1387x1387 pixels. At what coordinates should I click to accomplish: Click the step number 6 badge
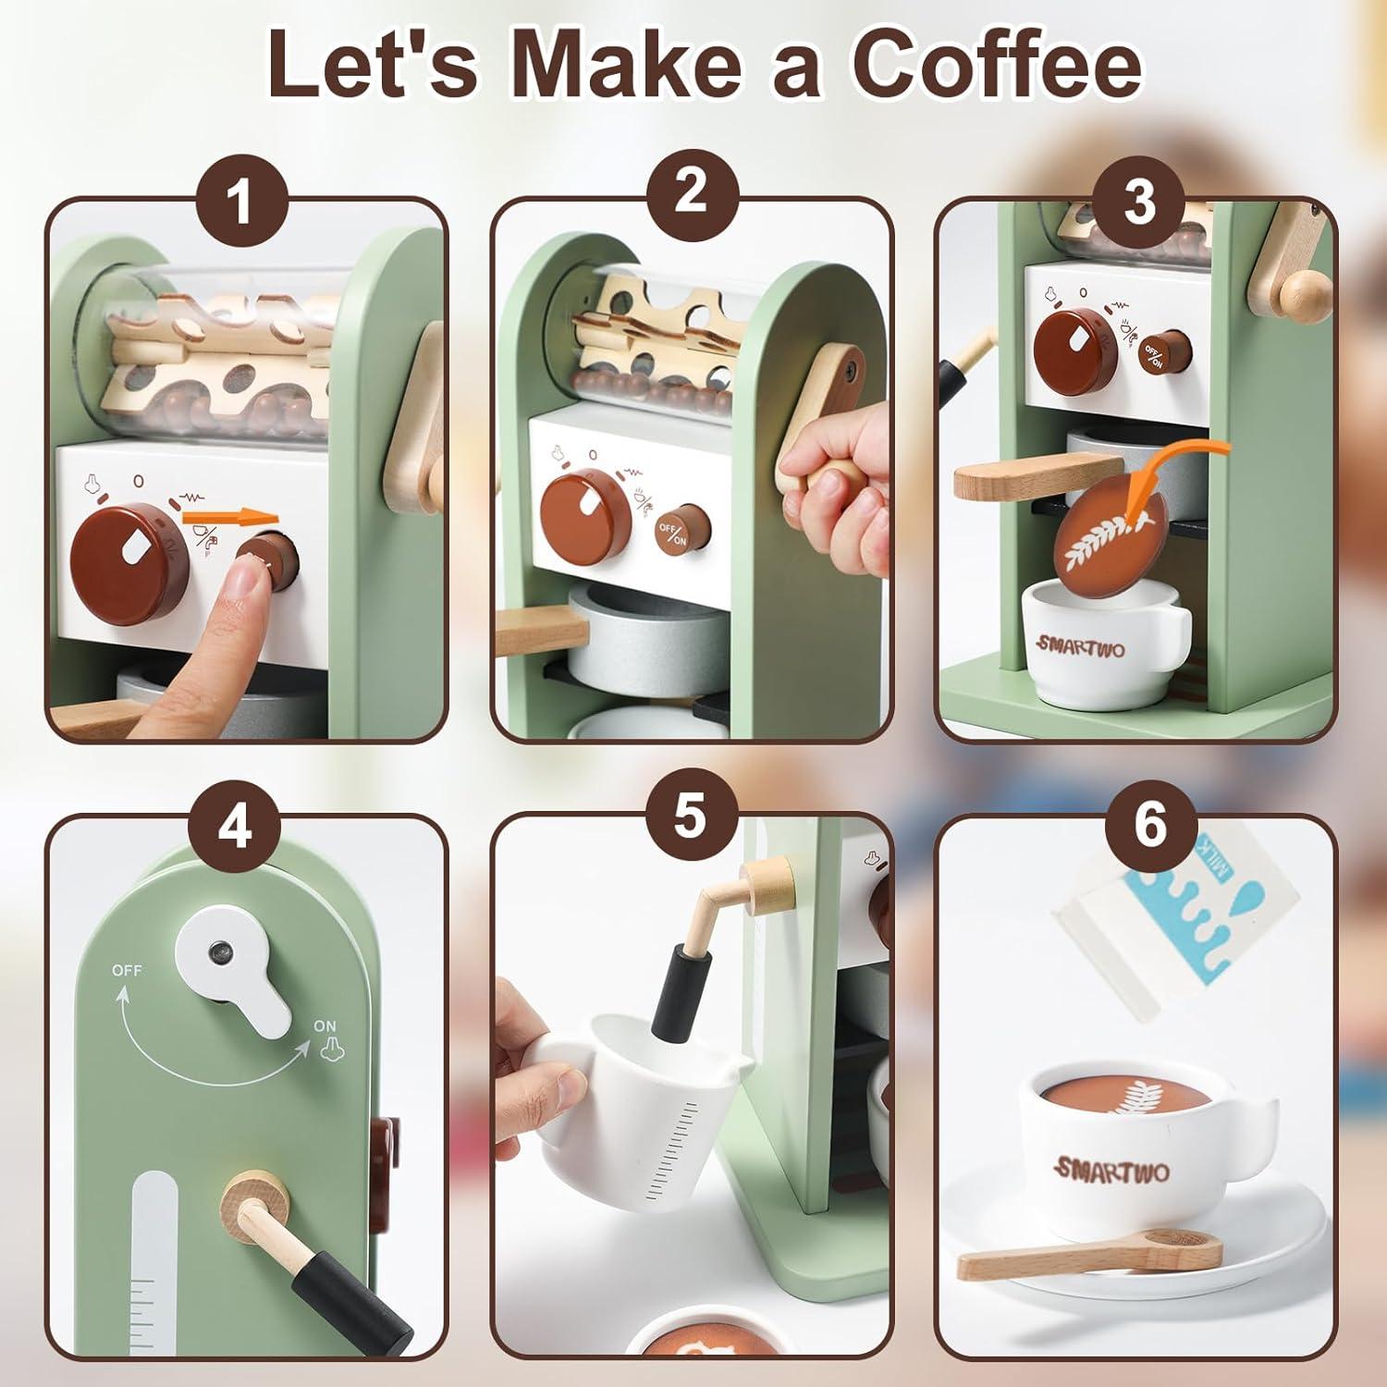tap(1149, 823)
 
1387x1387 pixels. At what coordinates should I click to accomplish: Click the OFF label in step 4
tap(127, 971)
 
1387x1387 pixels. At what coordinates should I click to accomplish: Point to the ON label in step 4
tap(325, 1026)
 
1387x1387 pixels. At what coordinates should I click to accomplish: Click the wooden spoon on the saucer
tap(1091, 1258)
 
